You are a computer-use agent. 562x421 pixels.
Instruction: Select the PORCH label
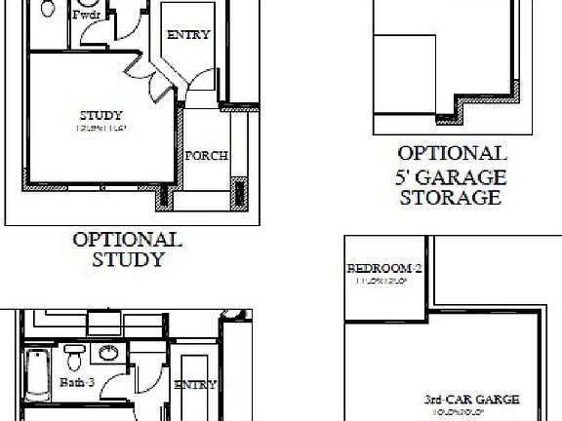click(x=207, y=155)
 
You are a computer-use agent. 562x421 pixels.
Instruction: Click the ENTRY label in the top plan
click(x=188, y=35)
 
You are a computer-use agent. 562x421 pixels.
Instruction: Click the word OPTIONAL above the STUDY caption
click(x=127, y=239)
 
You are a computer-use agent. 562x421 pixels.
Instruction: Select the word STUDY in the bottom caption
click(x=127, y=259)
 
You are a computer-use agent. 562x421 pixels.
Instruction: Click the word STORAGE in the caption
click(x=450, y=198)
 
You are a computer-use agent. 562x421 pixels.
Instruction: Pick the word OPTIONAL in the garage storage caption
click(x=451, y=154)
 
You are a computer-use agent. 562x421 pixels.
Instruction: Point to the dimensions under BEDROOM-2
click(x=382, y=282)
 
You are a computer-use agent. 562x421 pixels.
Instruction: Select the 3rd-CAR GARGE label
click(x=471, y=400)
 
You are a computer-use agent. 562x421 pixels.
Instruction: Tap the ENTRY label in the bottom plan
click(x=194, y=385)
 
